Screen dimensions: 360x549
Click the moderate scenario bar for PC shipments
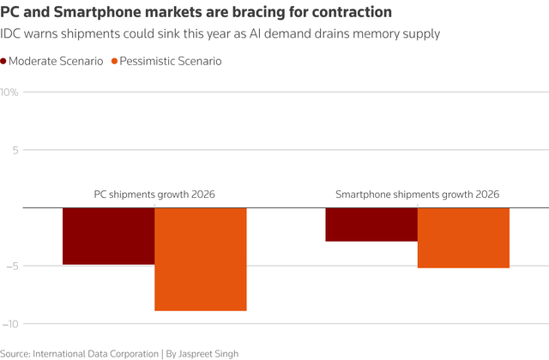tap(108, 236)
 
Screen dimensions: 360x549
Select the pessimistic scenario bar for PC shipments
tap(201, 259)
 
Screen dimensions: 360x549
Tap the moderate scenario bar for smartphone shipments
tap(371, 225)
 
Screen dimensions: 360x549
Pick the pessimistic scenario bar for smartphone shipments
tap(463, 237)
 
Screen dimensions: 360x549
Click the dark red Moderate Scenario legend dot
tap(4, 62)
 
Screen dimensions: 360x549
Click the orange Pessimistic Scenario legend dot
tap(115, 62)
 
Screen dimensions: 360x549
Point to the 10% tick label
tap(9, 92)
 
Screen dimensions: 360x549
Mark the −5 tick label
tap(12, 266)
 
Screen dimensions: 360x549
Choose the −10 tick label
tap(10, 324)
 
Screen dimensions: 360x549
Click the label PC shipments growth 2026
tap(154, 195)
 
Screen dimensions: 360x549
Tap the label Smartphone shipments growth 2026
tap(417, 195)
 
